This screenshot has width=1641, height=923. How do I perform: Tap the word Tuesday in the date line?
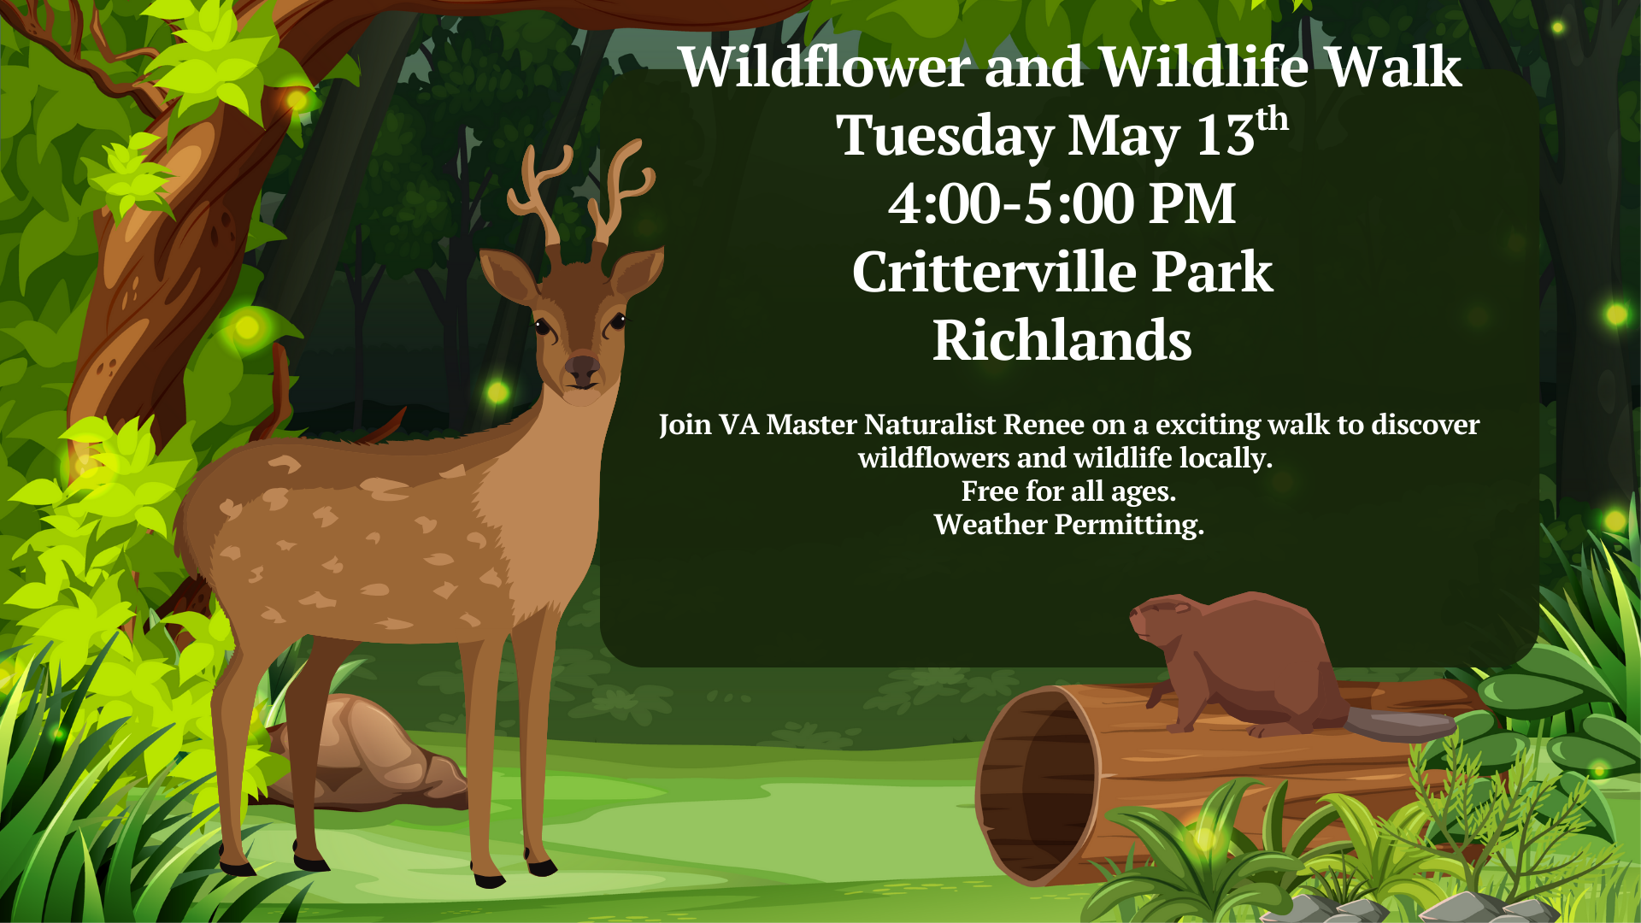(x=945, y=135)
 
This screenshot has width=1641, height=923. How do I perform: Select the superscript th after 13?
(x=1272, y=118)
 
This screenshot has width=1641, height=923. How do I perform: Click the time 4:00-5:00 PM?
(x=1062, y=203)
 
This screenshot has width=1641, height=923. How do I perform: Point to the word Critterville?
(x=994, y=272)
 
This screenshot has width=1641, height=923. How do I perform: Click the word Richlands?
(x=1062, y=339)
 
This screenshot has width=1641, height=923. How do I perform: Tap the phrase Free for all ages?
(x=1068, y=491)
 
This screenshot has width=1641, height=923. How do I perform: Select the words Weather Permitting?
(x=1068, y=525)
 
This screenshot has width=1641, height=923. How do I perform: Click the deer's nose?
(x=582, y=368)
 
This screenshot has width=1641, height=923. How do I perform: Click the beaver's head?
(x=1162, y=620)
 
